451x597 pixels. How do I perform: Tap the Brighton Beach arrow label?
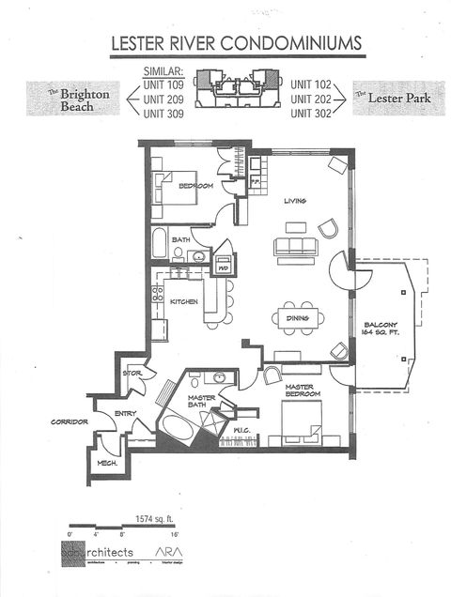(x=83, y=96)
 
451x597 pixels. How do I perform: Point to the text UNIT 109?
(x=163, y=83)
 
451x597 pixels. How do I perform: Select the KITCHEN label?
(x=182, y=302)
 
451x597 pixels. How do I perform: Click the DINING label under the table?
(x=298, y=344)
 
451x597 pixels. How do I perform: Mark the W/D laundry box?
(x=224, y=267)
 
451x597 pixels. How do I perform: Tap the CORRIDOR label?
(x=70, y=422)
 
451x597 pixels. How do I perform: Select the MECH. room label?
(x=107, y=464)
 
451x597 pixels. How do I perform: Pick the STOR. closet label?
(x=132, y=374)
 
